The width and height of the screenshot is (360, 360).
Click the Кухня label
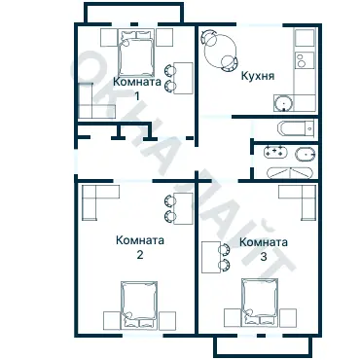(x=258, y=76)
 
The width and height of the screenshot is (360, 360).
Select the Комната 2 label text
(x=140, y=247)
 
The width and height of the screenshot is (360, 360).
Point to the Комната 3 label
(x=264, y=249)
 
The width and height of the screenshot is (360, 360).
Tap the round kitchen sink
(x=283, y=103)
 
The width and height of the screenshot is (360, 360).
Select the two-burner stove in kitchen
(x=305, y=60)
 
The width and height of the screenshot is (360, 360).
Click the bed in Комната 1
(x=136, y=53)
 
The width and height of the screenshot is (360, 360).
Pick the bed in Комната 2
(x=139, y=305)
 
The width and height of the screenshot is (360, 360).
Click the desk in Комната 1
(x=183, y=78)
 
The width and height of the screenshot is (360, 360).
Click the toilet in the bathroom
(x=305, y=154)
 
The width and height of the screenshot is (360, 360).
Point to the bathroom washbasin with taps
(x=275, y=152)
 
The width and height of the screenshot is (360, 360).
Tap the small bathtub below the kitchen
(x=296, y=128)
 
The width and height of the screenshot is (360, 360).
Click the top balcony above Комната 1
(x=134, y=13)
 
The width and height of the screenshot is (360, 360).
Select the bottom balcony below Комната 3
(x=263, y=346)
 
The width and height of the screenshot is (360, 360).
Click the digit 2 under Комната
(x=140, y=255)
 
